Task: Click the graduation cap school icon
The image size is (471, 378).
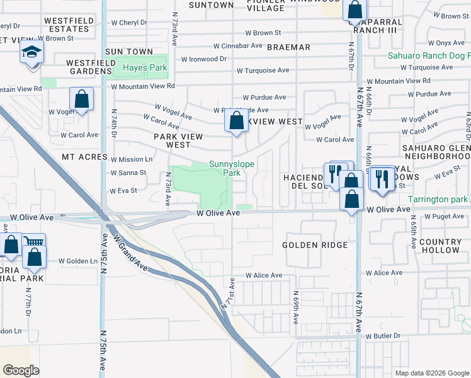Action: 31,53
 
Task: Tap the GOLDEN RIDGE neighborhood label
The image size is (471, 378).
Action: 315,245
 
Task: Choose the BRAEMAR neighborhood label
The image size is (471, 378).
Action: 289,47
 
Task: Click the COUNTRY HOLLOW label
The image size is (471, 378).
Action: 440,246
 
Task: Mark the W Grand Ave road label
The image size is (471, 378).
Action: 130,254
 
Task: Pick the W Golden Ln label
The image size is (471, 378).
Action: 78,261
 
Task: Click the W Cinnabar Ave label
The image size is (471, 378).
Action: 237,46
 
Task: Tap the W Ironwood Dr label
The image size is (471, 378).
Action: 203,59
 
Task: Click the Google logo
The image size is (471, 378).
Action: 21,370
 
